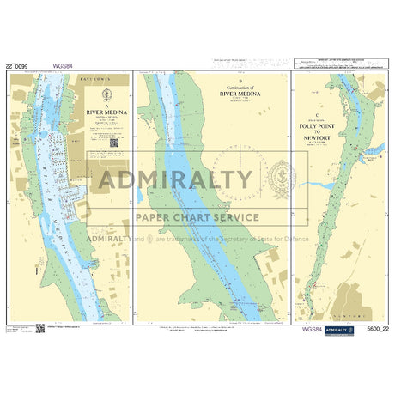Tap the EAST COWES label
[97, 79]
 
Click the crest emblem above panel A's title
[106, 93]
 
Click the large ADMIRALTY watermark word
[175, 181]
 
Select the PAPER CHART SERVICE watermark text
[197, 216]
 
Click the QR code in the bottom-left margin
[39, 327]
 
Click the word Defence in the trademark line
[295, 238]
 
